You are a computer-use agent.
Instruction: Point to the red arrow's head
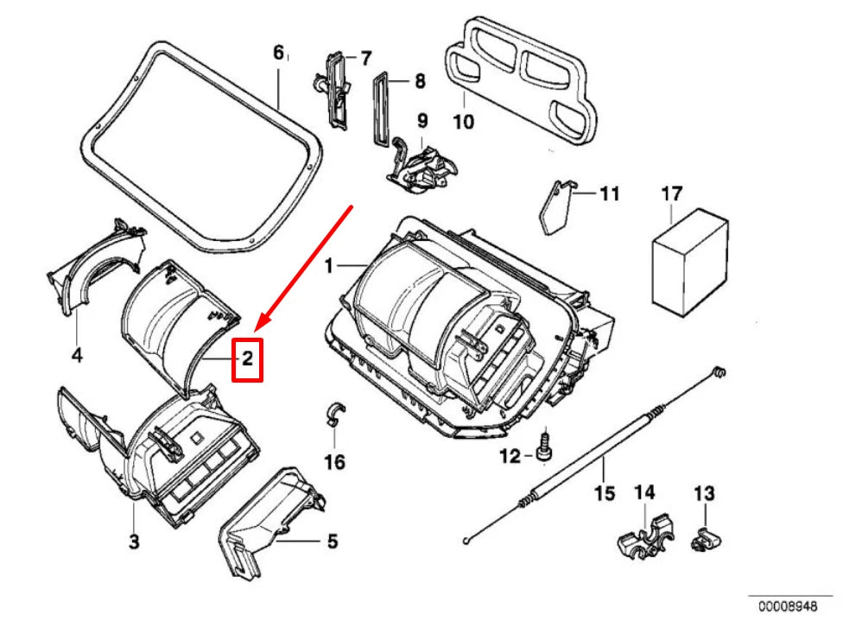(262, 328)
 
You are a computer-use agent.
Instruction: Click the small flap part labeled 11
(556, 207)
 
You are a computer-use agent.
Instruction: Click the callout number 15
(604, 493)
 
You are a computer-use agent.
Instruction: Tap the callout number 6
(278, 54)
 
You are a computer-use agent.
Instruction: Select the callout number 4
(76, 354)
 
